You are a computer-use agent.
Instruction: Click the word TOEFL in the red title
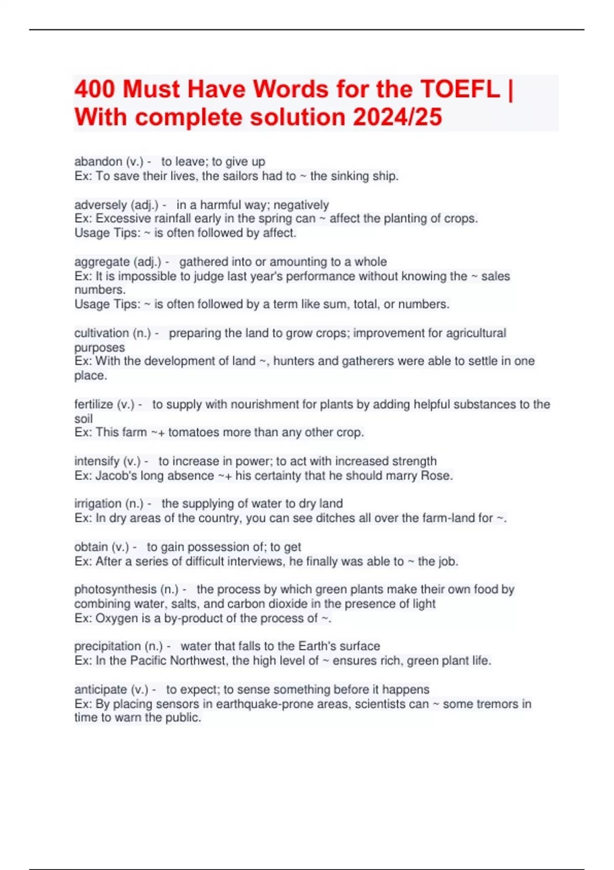(459, 90)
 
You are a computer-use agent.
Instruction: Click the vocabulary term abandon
(98, 162)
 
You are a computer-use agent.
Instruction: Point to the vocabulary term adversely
(100, 205)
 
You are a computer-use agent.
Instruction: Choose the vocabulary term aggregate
(102, 262)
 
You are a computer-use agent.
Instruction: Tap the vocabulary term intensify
(97, 461)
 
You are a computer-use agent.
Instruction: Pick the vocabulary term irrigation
(98, 504)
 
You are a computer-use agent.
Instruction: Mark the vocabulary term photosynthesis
(115, 590)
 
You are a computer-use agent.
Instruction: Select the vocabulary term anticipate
(100, 689)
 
